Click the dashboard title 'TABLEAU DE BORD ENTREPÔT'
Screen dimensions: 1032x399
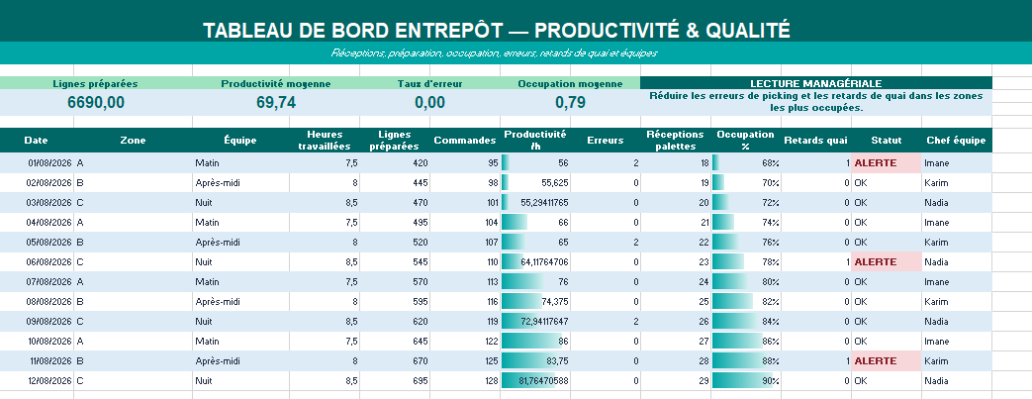tap(353, 31)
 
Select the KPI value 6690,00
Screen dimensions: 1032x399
tap(96, 103)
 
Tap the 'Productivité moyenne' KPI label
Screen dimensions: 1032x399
tap(276, 83)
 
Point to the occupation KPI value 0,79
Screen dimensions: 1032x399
tap(570, 103)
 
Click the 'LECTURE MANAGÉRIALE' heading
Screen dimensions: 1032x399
tap(816, 83)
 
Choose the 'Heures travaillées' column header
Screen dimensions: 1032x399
tap(325, 141)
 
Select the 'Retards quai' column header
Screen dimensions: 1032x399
tap(815, 141)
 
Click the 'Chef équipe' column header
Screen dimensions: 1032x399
tap(956, 141)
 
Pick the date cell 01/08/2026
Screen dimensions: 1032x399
tap(49, 163)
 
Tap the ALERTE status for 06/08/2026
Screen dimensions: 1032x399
tap(876, 262)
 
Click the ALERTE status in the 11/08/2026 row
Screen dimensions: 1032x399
tap(876, 360)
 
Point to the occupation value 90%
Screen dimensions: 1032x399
tap(771, 380)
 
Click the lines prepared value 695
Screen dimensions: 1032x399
tap(420, 380)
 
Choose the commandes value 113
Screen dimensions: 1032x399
tap(491, 282)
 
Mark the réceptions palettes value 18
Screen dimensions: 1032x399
tap(704, 163)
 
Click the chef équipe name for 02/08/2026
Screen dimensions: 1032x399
tap(936, 183)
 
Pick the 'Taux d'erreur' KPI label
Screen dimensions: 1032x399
tap(429, 83)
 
